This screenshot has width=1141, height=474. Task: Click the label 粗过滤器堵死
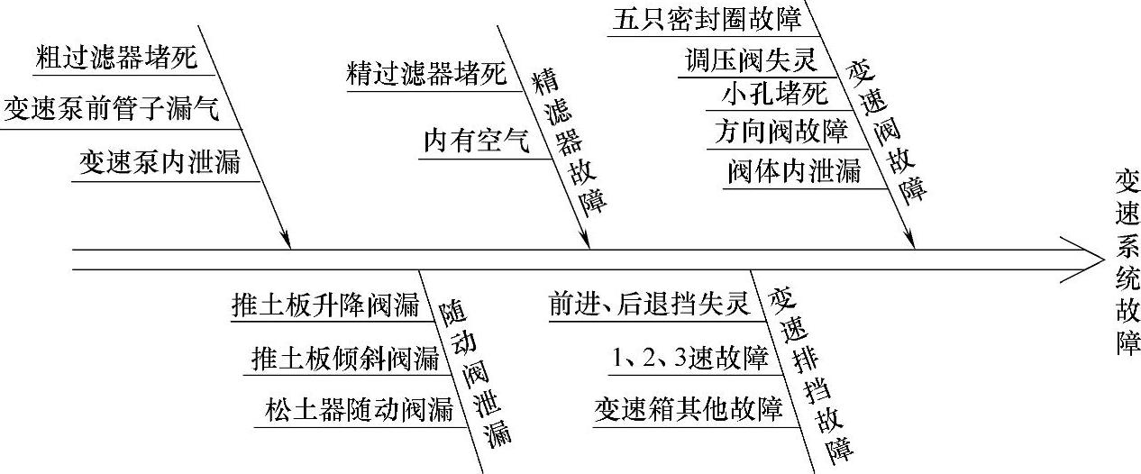coord(114,59)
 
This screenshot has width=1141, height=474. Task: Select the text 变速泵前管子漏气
coord(110,111)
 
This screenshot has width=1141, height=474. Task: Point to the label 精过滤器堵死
coord(426,74)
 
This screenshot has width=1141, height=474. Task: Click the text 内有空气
coord(477,141)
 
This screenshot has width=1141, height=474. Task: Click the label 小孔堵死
coord(773,95)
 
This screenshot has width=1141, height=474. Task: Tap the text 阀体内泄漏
coord(793,170)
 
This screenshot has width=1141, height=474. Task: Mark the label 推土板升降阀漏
coord(325,305)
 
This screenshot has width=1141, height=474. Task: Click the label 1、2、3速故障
coord(689,359)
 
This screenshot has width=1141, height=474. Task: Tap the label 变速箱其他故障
coord(688,410)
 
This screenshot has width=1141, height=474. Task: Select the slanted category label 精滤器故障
coord(568,142)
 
